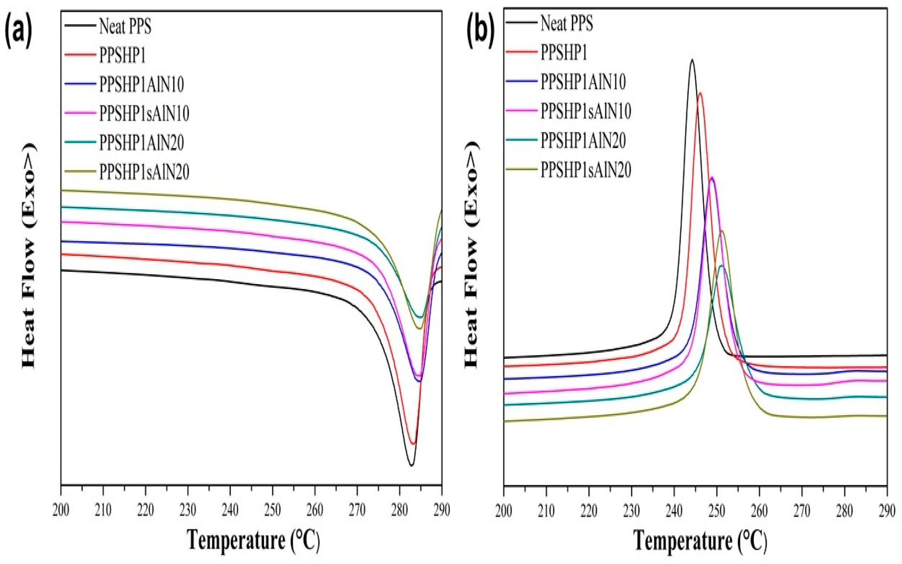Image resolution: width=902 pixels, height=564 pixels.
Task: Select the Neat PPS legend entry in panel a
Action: [x=125, y=26]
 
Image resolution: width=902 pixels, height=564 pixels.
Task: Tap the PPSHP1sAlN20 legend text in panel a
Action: [x=144, y=172]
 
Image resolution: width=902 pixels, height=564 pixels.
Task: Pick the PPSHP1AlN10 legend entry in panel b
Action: [x=583, y=82]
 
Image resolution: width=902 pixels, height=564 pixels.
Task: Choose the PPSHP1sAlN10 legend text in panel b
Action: [x=586, y=111]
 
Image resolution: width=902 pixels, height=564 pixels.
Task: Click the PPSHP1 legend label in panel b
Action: [x=564, y=52]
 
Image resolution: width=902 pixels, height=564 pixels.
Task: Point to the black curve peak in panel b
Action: [x=692, y=60]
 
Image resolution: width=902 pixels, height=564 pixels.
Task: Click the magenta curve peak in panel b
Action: [x=712, y=177]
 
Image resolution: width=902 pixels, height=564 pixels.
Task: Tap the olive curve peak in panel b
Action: [x=721, y=231]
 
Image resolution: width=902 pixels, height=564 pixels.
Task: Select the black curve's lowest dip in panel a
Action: [x=412, y=465]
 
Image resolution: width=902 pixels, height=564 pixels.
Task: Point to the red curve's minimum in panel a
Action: [x=413, y=443]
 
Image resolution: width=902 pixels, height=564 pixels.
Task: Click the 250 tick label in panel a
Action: [x=272, y=510]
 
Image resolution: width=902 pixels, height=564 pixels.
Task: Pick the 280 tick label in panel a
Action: [x=399, y=510]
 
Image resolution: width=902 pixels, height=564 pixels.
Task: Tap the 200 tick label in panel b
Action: [x=504, y=511]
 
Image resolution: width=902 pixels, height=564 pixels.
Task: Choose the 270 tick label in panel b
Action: [x=801, y=511]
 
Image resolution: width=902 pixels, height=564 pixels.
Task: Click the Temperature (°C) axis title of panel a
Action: [x=253, y=540]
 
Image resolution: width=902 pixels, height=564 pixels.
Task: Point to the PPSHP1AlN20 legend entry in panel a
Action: [x=141, y=142]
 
